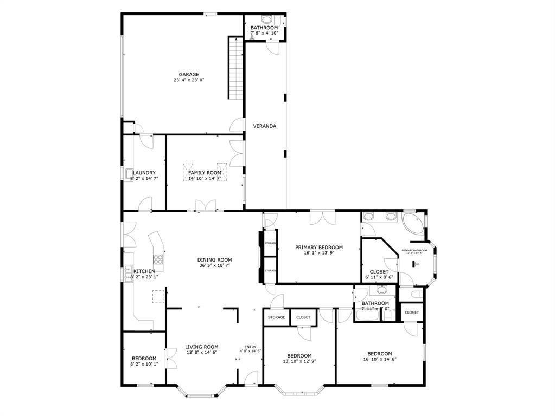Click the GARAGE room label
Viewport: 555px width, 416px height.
189,75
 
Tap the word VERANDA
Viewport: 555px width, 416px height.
265,126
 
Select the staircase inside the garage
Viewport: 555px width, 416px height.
235,68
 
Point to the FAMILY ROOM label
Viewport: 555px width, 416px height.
205,173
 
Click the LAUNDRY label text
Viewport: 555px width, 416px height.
144,173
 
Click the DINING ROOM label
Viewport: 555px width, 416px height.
214,260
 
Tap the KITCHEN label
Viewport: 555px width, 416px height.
144,271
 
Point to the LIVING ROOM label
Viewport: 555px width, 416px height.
201,347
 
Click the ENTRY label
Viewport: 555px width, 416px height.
250,347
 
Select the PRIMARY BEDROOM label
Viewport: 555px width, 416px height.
318,248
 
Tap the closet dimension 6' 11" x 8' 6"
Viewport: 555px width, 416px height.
379,277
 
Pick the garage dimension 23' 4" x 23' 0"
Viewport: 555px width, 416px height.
189,80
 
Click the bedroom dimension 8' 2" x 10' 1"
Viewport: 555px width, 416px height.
144,364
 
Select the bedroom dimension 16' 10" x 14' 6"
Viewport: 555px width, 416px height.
379,359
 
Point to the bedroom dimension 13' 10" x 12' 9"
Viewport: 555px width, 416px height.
299,361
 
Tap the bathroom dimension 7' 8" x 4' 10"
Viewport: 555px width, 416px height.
264,33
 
